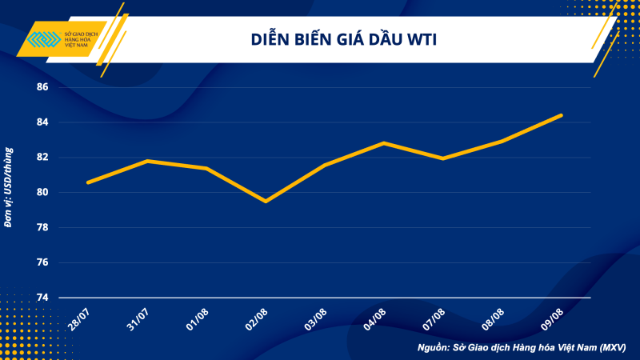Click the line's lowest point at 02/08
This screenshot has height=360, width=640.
point(266,201)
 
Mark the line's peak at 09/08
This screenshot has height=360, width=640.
point(562,115)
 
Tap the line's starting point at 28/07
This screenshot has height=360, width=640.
point(88,182)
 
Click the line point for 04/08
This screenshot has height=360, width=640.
point(384,143)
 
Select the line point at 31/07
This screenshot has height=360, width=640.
point(147,161)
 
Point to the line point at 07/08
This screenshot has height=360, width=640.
point(443,158)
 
